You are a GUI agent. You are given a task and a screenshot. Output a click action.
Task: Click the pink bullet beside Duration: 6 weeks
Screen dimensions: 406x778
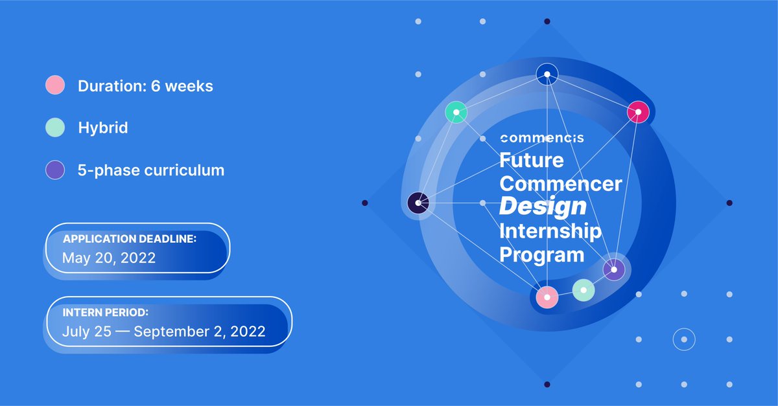coord(55,85)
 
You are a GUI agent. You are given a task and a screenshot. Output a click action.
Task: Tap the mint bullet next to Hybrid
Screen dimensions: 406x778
coord(55,128)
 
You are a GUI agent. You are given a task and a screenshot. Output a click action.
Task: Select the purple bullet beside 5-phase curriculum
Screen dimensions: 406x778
coord(55,170)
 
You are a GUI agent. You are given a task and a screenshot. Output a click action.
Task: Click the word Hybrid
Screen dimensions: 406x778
coord(102,128)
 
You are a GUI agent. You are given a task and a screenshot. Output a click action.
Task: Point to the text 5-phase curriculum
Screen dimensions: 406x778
coord(151,170)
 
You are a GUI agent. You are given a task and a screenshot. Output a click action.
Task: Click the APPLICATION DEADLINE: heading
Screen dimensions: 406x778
coord(130,239)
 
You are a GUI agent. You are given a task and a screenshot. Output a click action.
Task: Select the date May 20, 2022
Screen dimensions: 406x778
coord(109,258)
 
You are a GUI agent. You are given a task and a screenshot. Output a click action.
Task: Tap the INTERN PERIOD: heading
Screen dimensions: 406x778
coord(106,312)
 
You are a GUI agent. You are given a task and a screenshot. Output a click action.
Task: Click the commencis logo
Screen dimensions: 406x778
coord(542,138)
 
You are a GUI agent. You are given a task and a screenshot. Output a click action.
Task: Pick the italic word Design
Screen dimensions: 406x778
coord(543,207)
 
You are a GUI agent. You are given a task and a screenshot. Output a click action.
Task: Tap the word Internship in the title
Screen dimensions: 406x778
coord(550,231)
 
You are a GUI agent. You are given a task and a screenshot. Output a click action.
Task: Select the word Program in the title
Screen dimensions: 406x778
coord(541,254)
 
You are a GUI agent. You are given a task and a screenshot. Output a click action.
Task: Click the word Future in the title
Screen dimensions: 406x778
coord(532,159)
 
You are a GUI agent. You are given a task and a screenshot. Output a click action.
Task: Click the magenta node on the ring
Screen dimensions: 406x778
coord(638,112)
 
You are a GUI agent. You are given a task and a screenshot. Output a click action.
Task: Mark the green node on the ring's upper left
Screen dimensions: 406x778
coord(456,112)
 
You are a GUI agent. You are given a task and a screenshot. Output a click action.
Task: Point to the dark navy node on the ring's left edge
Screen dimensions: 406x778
coord(418,203)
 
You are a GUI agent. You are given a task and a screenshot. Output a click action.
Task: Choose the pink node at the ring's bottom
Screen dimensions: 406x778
coord(547,297)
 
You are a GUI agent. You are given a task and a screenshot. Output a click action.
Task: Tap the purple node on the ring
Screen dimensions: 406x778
coord(613,269)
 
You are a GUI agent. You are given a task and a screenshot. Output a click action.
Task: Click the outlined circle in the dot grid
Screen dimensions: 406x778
coord(683,339)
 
